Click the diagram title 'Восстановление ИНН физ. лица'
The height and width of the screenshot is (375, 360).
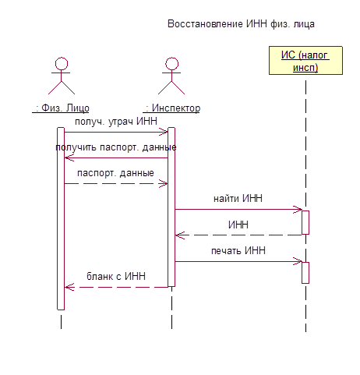point(241,24)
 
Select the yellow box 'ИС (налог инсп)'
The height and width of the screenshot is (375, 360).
point(305,61)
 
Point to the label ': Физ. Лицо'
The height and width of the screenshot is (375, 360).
point(61,108)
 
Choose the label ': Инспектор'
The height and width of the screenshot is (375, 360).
point(171,108)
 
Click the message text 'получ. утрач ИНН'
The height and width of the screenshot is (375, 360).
point(116,122)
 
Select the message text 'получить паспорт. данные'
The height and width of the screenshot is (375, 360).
point(116,147)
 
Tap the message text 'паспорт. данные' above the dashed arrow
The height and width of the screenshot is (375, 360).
point(115,173)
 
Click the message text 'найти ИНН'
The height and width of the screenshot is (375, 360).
point(238,199)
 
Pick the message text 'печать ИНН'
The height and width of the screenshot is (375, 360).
point(238,251)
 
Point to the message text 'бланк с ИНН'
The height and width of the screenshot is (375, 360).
point(116,276)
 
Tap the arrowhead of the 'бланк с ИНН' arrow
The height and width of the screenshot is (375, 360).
point(68,287)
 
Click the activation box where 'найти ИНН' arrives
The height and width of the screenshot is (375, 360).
point(305,222)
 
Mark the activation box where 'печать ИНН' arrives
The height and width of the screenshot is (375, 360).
point(305,273)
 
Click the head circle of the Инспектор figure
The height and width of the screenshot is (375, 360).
point(172,64)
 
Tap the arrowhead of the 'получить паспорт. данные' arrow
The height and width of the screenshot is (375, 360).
point(68,157)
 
